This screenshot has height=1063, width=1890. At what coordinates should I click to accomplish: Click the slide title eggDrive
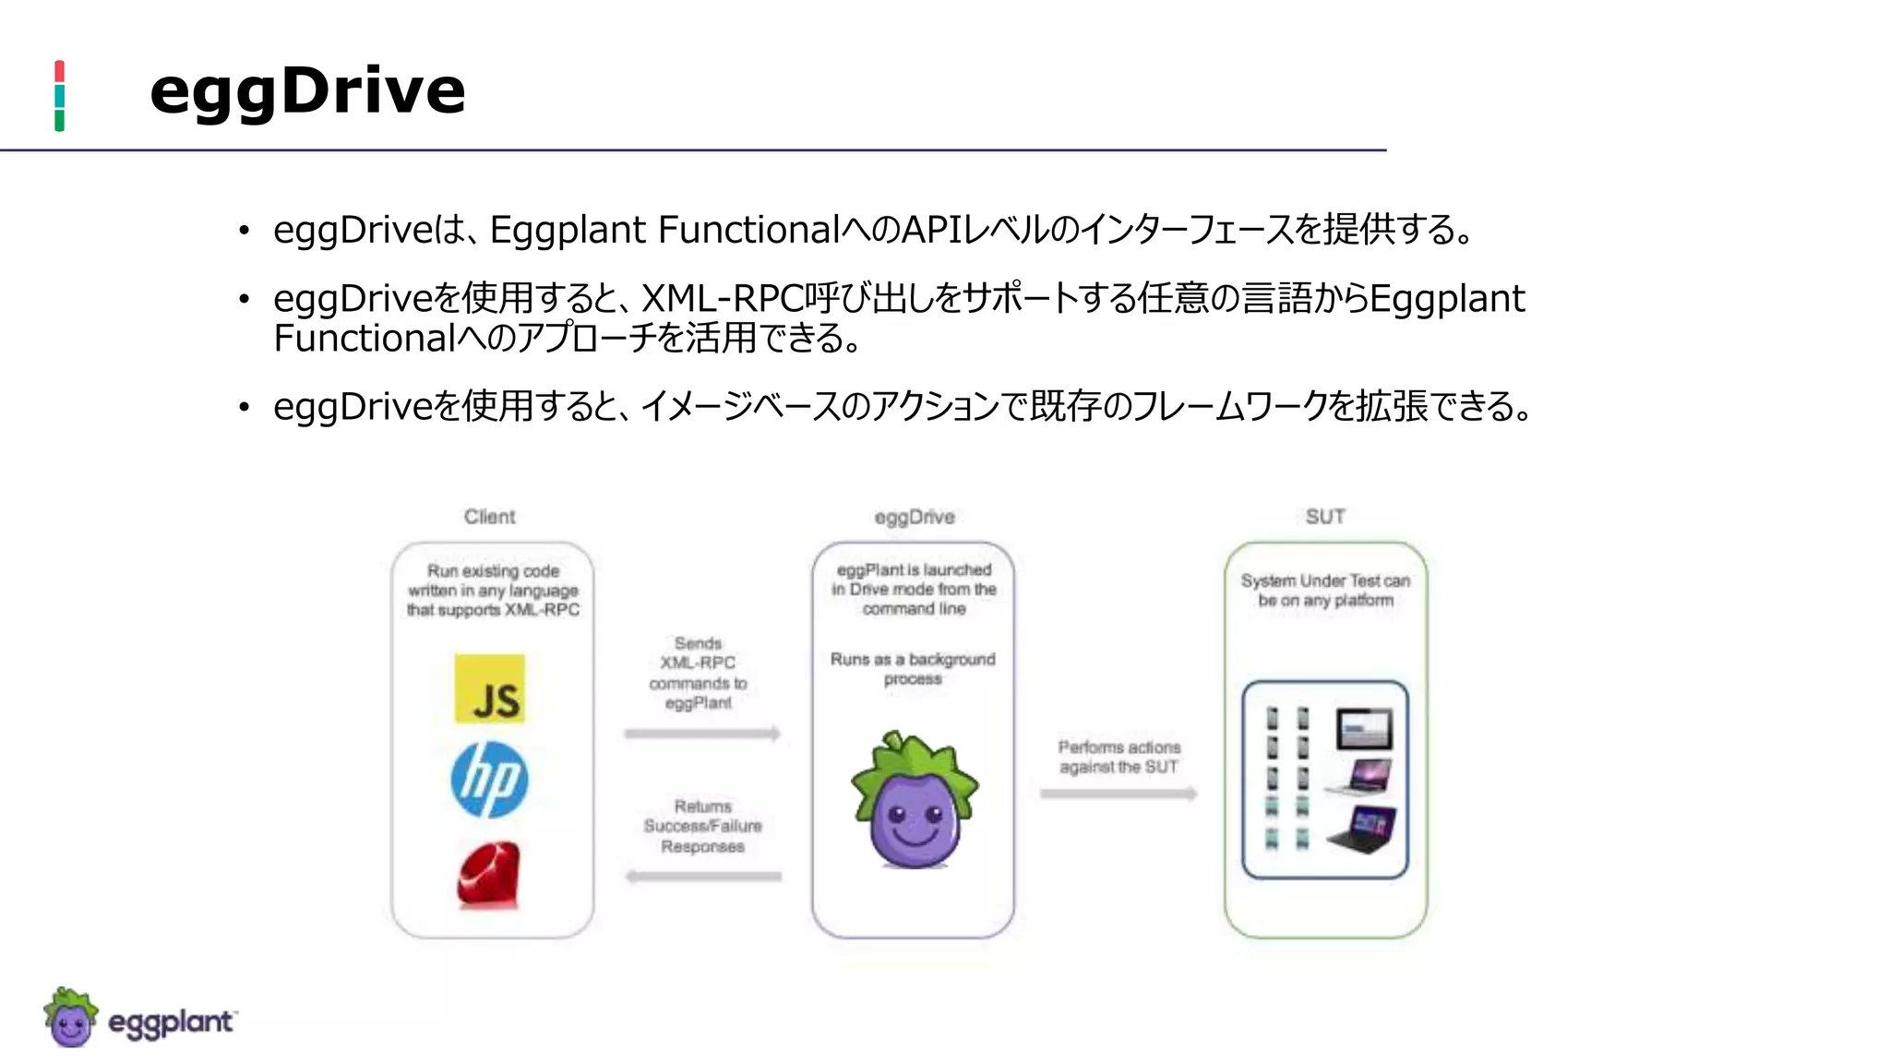click(x=307, y=92)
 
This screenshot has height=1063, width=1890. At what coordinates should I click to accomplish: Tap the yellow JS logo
click(x=490, y=689)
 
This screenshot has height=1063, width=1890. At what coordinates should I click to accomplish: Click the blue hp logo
click(x=489, y=780)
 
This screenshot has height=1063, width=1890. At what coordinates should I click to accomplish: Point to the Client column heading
click(x=489, y=517)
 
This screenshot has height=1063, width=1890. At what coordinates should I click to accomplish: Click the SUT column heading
click(x=1325, y=517)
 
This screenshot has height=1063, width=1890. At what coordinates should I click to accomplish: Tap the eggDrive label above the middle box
click(x=914, y=517)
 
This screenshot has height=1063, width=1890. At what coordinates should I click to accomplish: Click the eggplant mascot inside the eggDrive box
click(x=914, y=801)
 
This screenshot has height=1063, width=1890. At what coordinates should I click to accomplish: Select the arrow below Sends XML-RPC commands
click(x=702, y=734)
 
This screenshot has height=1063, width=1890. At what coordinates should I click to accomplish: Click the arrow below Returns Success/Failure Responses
click(x=702, y=877)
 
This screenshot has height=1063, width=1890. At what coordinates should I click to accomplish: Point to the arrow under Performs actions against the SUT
click(x=1118, y=794)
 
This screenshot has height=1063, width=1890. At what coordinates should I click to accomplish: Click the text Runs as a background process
click(x=913, y=669)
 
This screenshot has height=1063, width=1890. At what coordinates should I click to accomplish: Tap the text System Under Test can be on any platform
click(x=1325, y=591)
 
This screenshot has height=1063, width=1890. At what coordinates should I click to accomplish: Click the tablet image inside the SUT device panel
click(x=1364, y=729)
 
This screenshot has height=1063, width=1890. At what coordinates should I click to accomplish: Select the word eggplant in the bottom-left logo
click(x=171, y=1022)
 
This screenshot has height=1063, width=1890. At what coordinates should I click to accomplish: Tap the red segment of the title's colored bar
click(x=59, y=71)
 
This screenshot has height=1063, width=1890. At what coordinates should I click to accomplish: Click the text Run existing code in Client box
click(x=493, y=571)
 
